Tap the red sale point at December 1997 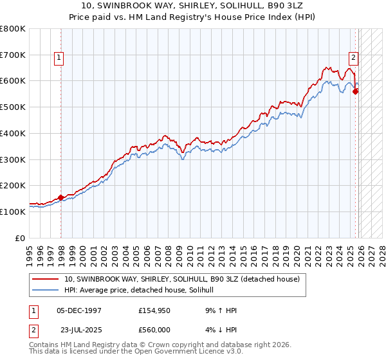point(61,197)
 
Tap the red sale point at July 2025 point(356,91)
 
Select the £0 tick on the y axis point(20,238)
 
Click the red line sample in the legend point(46,280)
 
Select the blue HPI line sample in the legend point(46,291)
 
